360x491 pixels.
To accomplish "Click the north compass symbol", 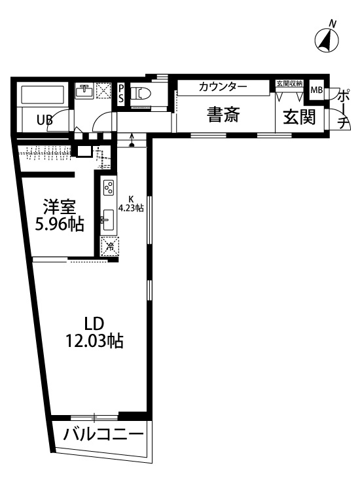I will click(328, 40).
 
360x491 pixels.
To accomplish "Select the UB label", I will click(45, 121).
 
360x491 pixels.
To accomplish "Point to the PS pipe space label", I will click(121, 94).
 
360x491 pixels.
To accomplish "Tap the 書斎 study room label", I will click(223, 115).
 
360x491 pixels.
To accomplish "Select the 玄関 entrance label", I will click(299, 117).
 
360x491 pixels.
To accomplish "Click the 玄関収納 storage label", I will click(289, 84).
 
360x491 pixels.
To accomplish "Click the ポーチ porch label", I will click(342, 107).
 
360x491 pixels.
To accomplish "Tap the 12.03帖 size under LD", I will click(94, 340).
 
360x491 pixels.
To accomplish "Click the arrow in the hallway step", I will click(132, 139).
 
